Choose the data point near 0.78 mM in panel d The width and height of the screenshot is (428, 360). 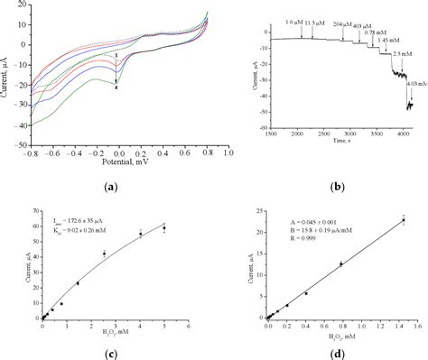click(x=340, y=264)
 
